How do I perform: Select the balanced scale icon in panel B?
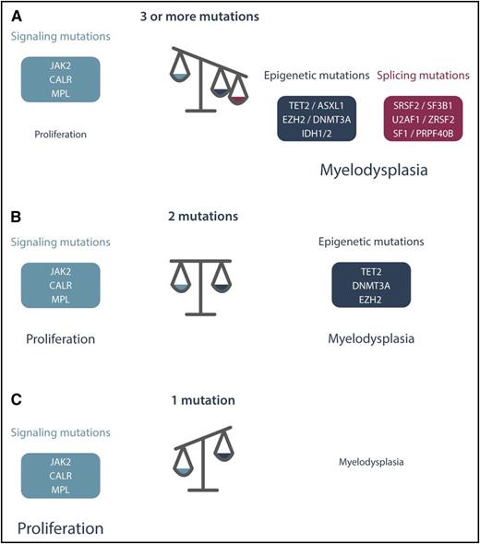(x=200, y=287)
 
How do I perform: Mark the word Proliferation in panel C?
(x=60, y=528)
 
